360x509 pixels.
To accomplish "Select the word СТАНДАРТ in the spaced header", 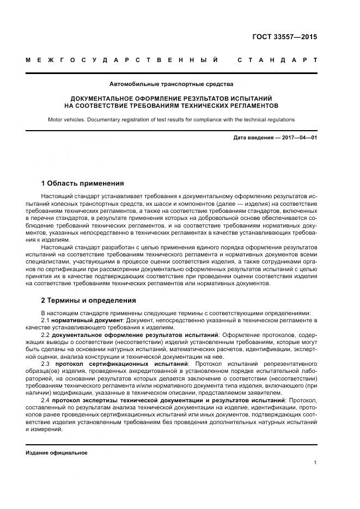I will coord(277,59).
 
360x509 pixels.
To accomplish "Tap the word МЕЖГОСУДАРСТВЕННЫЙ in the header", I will coord(123,59).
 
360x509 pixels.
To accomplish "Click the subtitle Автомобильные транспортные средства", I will coord(171,84).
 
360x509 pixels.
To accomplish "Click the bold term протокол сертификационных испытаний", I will coord(121,363).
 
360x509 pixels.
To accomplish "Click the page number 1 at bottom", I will coord(315,463).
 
